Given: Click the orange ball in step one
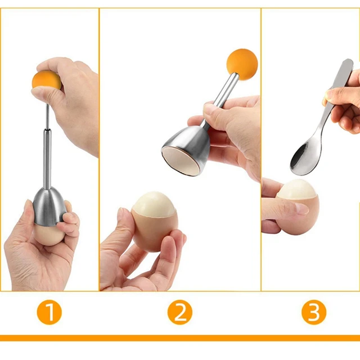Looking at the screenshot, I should [x=45, y=80].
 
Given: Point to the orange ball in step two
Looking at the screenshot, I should [x=242, y=64].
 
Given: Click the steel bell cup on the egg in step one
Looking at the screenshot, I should [x=49, y=205].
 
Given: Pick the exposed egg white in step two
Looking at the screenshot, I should [x=154, y=204].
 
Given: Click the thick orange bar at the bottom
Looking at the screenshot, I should [x=180, y=338].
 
